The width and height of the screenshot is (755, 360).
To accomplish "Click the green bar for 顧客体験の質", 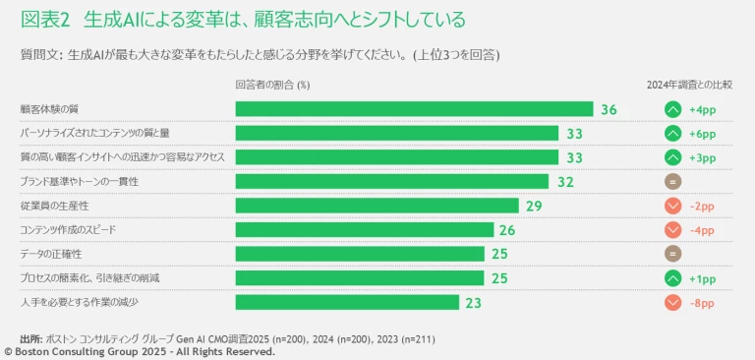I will (x=414, y=109).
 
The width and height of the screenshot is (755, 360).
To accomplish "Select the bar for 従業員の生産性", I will (x=377, y=206).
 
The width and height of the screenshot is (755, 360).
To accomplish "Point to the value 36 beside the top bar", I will (x=609, y=109).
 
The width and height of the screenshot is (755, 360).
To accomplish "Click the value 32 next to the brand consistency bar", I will (x=565, y=182).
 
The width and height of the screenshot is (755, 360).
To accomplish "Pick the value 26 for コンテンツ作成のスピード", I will (x=507, y=230).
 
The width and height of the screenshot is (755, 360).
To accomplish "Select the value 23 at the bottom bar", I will (x=473, y=303).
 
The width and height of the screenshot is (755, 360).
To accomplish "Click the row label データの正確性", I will (x=50, y=254).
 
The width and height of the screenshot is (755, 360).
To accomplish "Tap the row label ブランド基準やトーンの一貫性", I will (x=79, y=182).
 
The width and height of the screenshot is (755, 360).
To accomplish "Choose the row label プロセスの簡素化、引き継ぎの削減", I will (x=89, y=278).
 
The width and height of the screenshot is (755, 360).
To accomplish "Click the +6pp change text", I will (x=702, y=134).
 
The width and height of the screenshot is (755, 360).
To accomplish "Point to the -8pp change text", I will (x=702, y=303).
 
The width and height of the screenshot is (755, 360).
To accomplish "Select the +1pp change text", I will (x=702, y=278).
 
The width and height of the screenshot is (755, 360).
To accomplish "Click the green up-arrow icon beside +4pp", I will (x=673, y=109).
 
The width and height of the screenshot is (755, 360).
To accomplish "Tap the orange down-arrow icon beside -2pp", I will (x=673, y=206).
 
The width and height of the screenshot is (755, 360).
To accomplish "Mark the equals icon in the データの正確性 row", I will (x=673, y=254).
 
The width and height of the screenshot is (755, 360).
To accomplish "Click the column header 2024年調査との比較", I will (x=689, y=84).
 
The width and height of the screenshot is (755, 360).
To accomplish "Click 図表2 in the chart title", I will (x=46, y=19).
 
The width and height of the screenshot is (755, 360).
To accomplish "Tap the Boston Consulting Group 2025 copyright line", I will (x=138, y=351).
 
